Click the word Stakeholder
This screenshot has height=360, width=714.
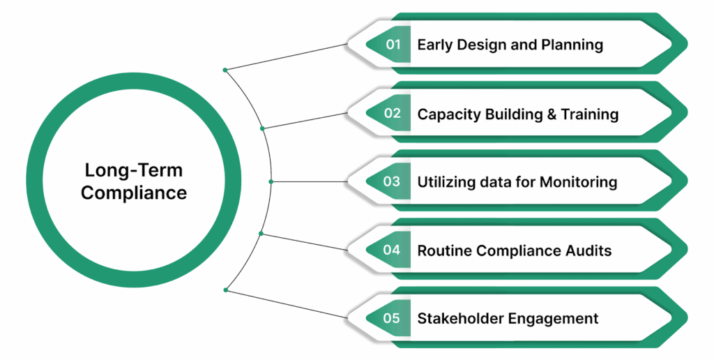point(461,318)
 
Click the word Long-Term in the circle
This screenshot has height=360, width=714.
point(134,170)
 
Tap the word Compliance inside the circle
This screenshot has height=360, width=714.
point(134,193)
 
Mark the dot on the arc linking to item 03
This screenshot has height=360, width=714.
point(271,181)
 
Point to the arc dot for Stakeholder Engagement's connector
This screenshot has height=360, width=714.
point(225,290)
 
